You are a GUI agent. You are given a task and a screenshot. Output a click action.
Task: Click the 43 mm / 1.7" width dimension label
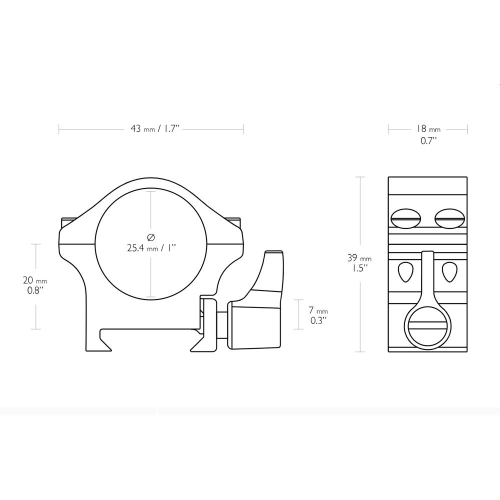click(155, 129)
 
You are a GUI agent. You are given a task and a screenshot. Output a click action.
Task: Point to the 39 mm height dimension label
click(359, 258)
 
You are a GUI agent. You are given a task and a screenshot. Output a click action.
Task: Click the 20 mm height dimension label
click(35, 280)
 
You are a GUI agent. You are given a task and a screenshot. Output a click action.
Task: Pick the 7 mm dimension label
click(318, 310)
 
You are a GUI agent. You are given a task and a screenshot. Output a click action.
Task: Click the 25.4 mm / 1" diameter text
click(151, 248)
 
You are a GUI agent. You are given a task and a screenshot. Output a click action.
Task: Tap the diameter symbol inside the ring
click(151, 237)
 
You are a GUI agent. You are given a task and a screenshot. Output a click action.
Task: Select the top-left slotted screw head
click(405, 219)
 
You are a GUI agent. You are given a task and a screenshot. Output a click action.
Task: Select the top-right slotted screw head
click(450, 219)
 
